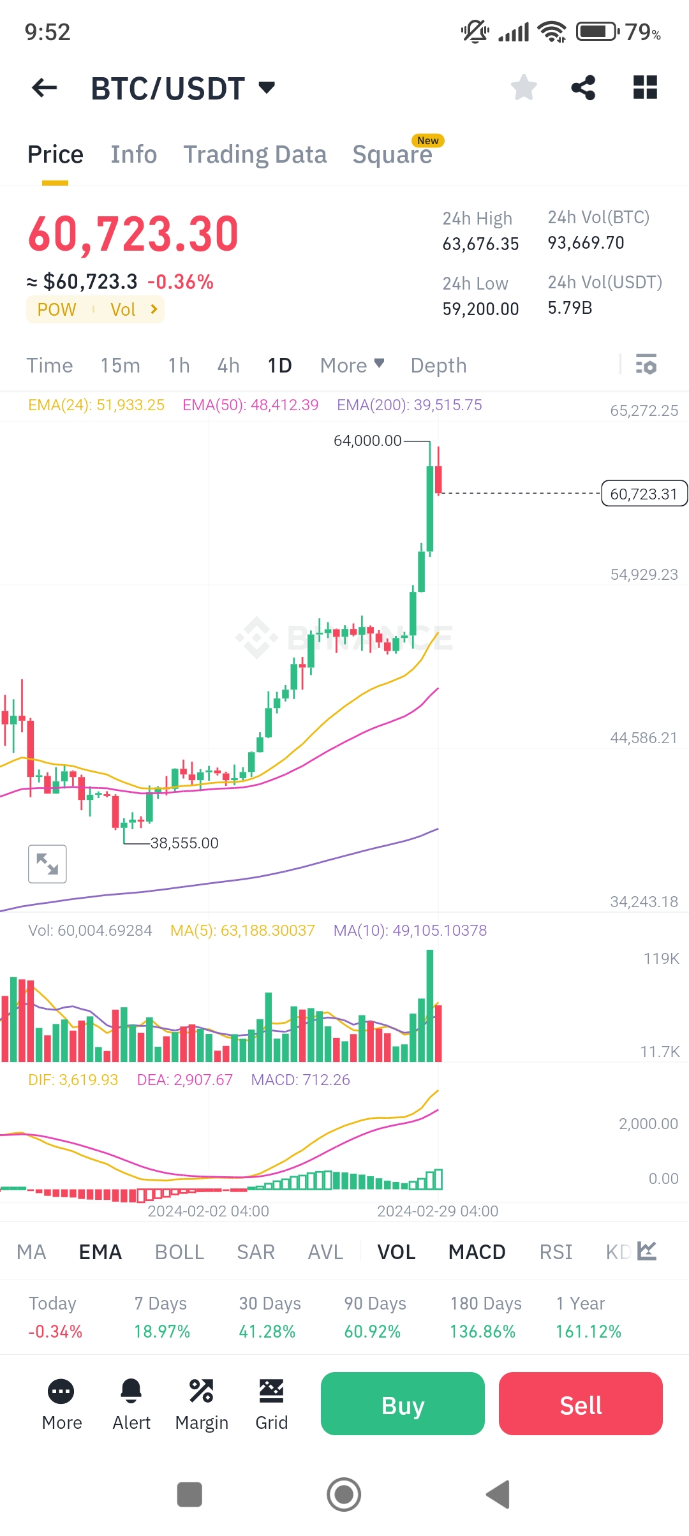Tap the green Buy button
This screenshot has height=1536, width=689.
(403, 1404)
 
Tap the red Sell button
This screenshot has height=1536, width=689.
(581, 1404)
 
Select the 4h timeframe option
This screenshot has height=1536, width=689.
(228, 366)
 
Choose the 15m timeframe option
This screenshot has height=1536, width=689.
(120, 366)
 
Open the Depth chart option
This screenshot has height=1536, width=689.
(438, 366)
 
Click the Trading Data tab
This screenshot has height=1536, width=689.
(255, 154)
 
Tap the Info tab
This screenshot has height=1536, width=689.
(133, 154)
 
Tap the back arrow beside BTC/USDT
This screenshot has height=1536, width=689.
(45, 88)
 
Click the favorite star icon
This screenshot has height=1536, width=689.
(524, 88)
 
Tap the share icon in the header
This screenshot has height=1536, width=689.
(583, 88)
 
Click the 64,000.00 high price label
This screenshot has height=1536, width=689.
(367, 441)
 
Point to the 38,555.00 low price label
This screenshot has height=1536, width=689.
(184, 843)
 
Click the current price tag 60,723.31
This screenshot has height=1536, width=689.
(644, 494)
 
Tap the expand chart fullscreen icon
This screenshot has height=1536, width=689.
(47, 864)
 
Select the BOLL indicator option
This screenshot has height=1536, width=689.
(179, 1252)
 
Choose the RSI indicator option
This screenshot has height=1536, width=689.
(556, 1252)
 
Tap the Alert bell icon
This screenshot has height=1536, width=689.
(131, 1392)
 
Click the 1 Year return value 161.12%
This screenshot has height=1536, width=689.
(588, 1332)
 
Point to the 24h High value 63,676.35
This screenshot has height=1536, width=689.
(480, 244)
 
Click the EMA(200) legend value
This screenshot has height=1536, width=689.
(410, 405)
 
